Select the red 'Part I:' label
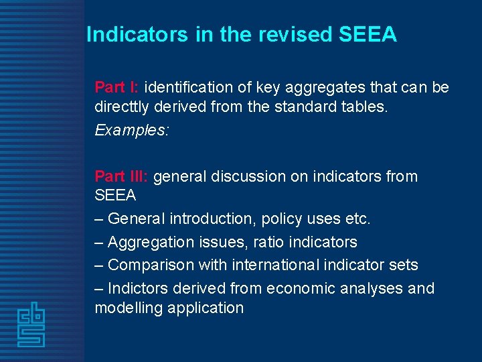[x=117, y=88]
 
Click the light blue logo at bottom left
[x=31, y=326]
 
